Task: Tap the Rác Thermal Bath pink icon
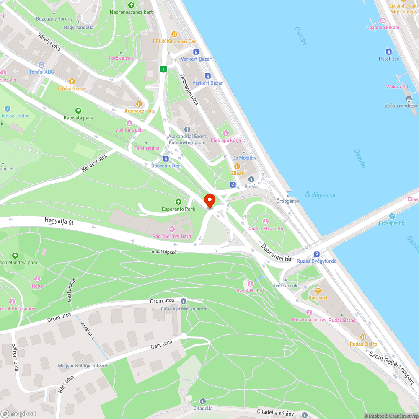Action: [x=172, y=229]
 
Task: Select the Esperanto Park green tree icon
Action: [x=178, y=202]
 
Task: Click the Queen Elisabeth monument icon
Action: [x=265, y=221]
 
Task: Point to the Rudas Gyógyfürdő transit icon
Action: [x=317, y=254]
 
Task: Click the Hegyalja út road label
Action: [x=59, y=221]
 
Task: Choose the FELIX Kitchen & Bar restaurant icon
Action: [x=174, y=34]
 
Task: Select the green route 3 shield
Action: [x=163, y=69]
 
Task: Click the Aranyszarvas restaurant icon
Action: [x=139, y=104]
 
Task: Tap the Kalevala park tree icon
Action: [x=78, y=111]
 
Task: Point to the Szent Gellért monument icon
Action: [x=251, y=283]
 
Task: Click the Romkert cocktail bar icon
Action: [x=318, y=290]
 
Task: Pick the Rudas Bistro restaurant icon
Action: [x=363, y=336]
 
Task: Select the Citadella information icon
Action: [x=203, y=401]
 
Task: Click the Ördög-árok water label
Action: [x=320, y=195]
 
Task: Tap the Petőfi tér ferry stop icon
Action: [x=389, y=52]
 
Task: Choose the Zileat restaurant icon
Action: [x=237, y=166]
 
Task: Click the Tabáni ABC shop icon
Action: [x=41, y=65]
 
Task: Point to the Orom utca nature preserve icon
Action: [x=183, y=301]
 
